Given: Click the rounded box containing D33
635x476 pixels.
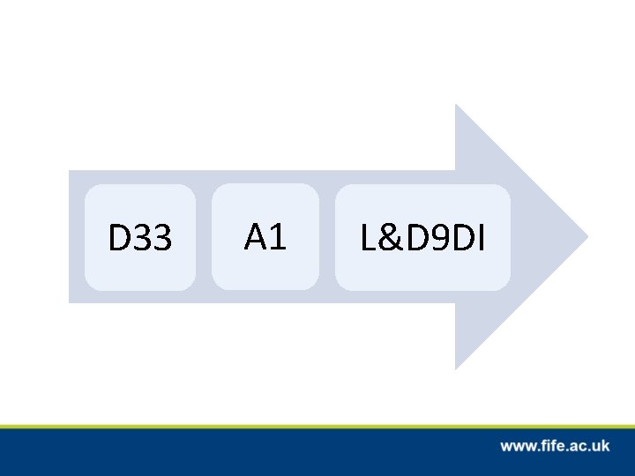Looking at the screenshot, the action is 140,237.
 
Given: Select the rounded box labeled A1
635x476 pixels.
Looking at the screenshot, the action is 265,236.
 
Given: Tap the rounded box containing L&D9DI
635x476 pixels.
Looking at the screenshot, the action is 422,237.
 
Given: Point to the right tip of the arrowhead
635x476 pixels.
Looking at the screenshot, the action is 586,236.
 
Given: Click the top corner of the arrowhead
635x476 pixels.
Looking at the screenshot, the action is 456,107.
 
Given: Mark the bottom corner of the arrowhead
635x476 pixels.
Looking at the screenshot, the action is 456,367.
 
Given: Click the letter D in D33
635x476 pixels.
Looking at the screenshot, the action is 118,238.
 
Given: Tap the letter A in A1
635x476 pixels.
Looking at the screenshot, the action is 256,236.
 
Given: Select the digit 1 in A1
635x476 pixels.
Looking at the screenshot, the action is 277,236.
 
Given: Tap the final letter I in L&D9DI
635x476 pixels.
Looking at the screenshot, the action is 481,238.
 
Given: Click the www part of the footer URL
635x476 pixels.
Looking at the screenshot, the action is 517,447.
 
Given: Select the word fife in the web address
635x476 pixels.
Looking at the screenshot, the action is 550,446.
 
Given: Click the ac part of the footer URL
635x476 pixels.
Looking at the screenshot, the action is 576,447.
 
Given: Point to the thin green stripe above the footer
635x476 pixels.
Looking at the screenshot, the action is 317,426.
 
